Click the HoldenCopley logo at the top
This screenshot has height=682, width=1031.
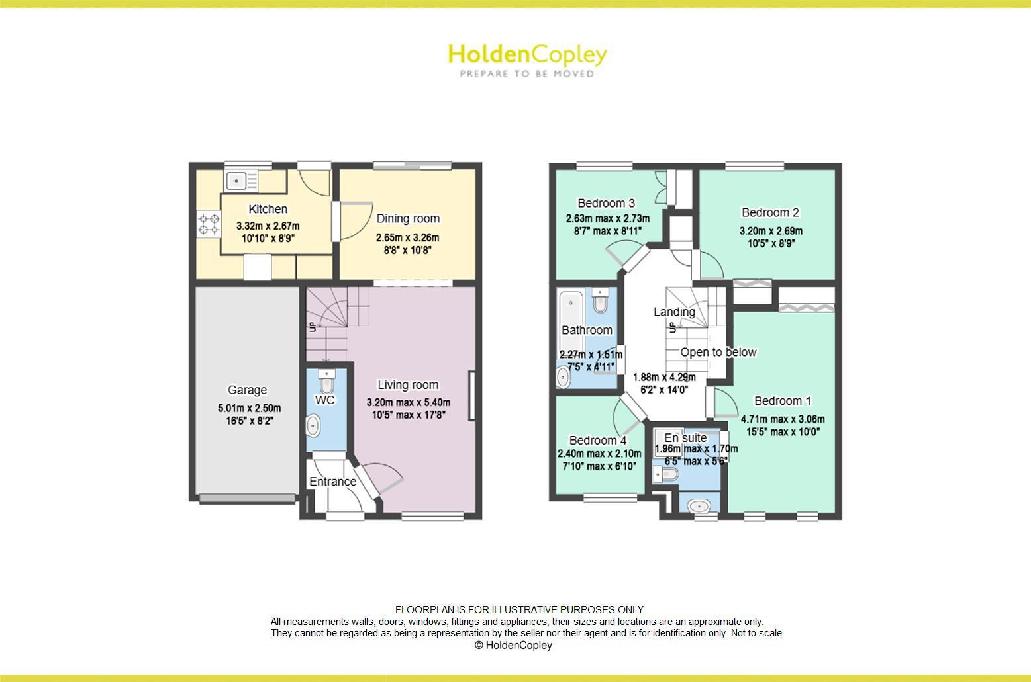pos(527,59)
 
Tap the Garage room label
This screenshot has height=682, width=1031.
pos(247,390)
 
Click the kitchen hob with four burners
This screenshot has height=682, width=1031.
pos(209,224)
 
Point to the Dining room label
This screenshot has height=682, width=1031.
pos(407,218)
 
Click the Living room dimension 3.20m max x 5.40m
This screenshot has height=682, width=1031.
pos(408,402)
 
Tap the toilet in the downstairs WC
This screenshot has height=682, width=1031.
pos(326,380)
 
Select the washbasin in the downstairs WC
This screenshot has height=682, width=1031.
pos(313,425)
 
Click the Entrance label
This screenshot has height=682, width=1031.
pos(332,482)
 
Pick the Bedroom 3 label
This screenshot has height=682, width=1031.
pos(606,203)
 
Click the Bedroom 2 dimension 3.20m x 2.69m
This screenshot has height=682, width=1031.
pos(771,231)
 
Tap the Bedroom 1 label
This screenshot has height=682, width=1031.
pos(783,401)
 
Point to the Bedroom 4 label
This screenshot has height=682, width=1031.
pos(597,441)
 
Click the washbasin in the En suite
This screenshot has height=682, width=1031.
pos(699,507)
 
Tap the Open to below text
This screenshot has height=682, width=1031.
pos(718,352)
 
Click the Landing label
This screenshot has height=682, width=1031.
pos(674,312)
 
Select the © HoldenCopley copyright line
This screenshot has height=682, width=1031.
pos(513,645)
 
